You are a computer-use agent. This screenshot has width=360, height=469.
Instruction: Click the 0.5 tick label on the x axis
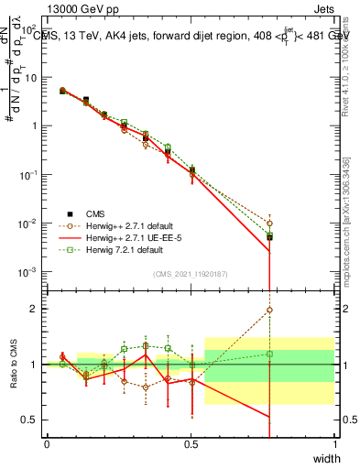point(191,443)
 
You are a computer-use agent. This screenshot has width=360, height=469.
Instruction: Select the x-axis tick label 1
point(334,443)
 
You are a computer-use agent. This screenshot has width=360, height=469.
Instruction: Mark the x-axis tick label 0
point(47,443)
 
